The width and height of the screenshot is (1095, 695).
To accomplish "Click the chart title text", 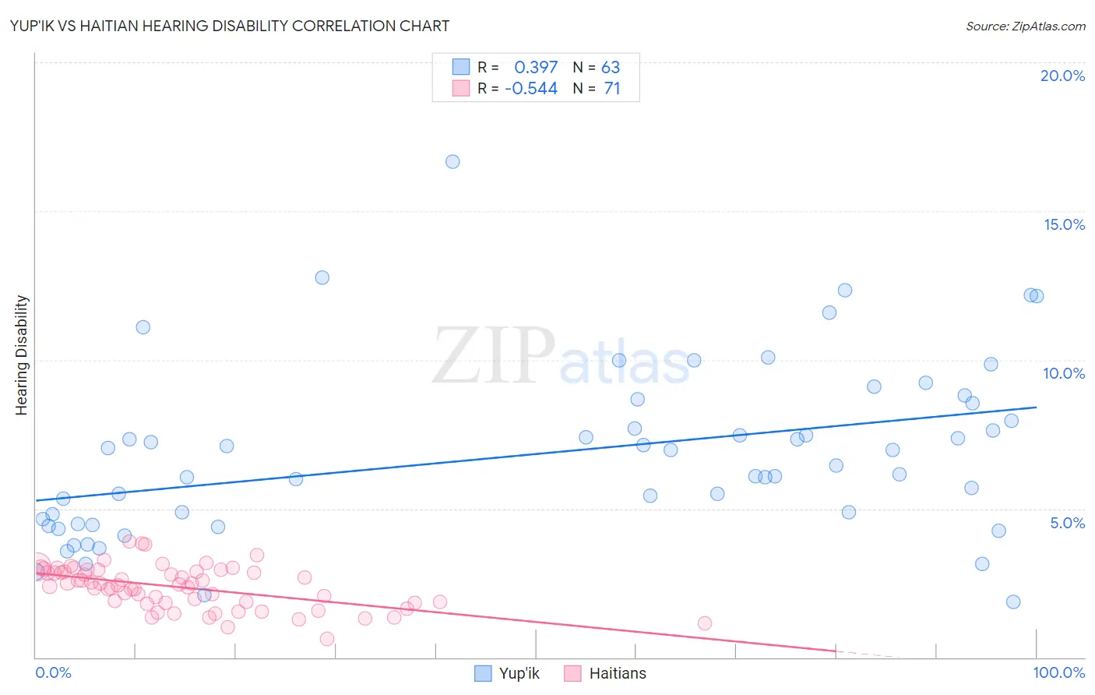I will [230, 26].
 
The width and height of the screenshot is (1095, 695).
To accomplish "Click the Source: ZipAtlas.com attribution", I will [1025, 26].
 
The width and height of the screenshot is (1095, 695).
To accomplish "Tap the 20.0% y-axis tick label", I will [1062, 76].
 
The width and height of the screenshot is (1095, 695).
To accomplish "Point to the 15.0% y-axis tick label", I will [1064, 224].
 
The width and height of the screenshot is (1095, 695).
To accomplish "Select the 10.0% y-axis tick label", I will [1064, 373].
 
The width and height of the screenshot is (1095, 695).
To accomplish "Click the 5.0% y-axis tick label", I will [1067, 522].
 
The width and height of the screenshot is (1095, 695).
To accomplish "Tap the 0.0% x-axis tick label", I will [53, 672].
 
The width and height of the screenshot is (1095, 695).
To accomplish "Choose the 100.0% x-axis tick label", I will [1058, 672].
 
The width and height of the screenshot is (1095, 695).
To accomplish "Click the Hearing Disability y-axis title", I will [22, 355].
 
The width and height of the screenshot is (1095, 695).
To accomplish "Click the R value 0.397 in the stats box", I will [536, 68].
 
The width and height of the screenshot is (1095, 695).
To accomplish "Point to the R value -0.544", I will [531, 89].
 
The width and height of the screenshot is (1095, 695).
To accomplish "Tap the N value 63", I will [611, 68].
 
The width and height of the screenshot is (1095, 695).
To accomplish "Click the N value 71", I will [612, 89].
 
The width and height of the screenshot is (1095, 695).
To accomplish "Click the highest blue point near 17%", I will [452, 162].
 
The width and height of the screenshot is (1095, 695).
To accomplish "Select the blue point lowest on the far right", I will [1013, 602].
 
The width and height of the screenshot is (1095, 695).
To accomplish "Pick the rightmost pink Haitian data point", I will [705, 623].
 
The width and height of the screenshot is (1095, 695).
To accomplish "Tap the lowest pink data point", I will [327, 639].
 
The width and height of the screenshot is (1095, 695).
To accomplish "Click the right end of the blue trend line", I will [1036, 407].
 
